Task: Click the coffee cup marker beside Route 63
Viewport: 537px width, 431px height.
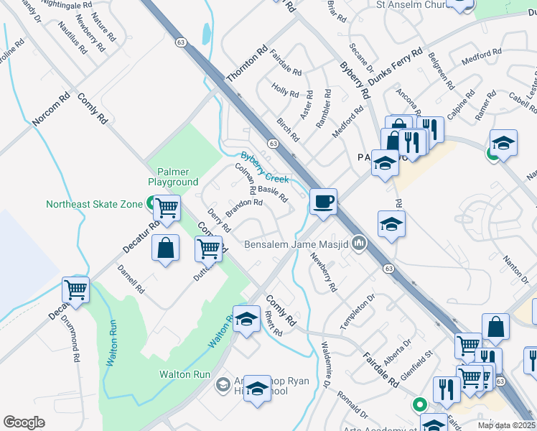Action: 323,200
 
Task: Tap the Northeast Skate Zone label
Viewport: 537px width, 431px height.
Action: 94,204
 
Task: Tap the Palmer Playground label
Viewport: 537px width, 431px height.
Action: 173,177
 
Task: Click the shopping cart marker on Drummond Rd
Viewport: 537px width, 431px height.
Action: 75,289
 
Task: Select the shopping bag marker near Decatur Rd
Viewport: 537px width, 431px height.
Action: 166,248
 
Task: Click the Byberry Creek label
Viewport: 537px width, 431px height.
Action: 264,167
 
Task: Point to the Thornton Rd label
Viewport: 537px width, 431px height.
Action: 246,65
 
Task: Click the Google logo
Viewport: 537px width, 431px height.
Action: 24,422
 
